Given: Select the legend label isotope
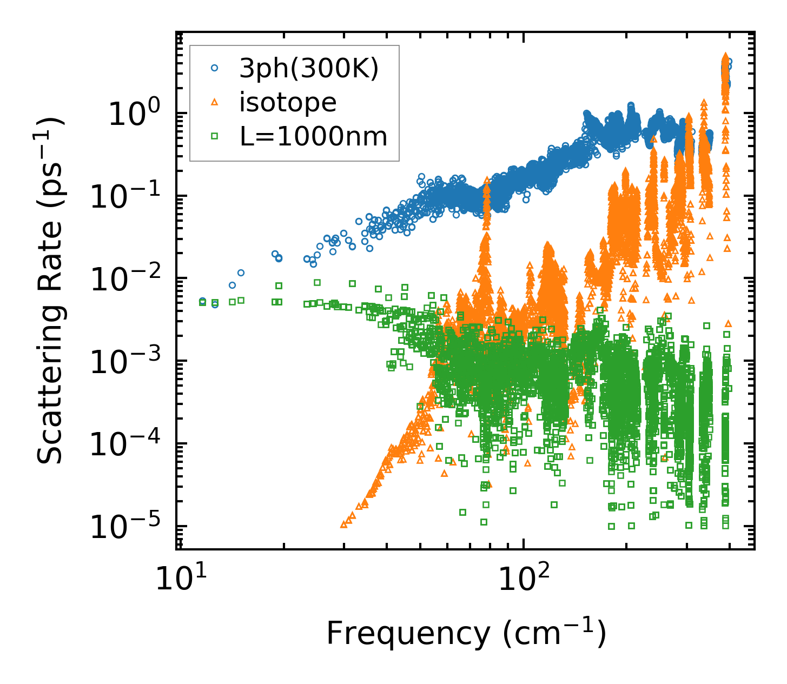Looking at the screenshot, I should click(x=288, y=102).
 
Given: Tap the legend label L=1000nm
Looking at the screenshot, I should click(x=313, y=137).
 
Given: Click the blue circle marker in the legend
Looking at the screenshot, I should click(x=215, y=68).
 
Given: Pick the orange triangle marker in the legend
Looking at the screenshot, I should click(x=215, y=102).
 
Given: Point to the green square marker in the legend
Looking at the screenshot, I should click(x=215, y=136).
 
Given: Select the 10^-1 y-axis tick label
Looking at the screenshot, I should click(x=123, y=197).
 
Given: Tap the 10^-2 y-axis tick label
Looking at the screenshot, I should click(x=123, y=280).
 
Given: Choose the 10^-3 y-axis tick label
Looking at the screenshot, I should click(x=123, y=362).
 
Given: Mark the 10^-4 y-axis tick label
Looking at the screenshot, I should click(x=123, y=444).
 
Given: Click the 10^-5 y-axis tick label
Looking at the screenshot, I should click(x=123, y=527).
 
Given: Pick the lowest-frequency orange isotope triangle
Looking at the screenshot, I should click(x=343, y=524).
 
